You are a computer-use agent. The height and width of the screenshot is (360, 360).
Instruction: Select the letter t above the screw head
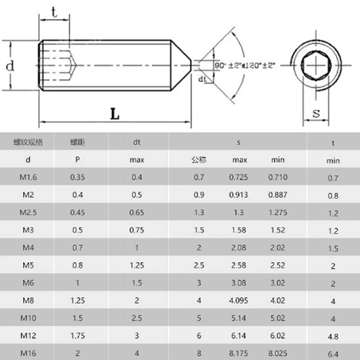54,12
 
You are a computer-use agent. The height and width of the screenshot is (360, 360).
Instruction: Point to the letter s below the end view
316,113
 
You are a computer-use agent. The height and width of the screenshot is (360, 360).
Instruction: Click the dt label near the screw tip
202,79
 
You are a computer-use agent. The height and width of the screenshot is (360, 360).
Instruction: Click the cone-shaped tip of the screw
183,66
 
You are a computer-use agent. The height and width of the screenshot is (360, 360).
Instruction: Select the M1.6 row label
28,177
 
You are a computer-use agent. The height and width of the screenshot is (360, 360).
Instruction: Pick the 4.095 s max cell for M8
238,301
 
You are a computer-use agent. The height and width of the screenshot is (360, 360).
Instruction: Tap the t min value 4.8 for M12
333,337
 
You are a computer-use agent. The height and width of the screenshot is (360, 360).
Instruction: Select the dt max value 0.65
137,213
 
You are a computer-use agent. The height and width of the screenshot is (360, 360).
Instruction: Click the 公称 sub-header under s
198,160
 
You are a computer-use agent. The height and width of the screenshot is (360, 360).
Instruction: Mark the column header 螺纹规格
28,142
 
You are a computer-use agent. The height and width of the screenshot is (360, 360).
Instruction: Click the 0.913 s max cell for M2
238,195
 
